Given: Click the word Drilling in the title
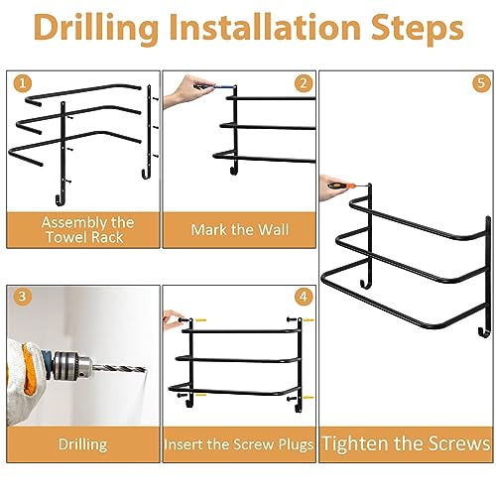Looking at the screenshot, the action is point(96,29).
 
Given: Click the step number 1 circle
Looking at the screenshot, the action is point(23,83).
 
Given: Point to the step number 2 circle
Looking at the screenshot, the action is point(304,83).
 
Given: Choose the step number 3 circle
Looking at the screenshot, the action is point(22,296).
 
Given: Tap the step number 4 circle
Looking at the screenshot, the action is point(304,297).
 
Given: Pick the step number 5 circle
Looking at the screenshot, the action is point(481,83).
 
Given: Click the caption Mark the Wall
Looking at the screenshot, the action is point(240,229).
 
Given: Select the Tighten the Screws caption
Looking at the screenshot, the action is point(406,443).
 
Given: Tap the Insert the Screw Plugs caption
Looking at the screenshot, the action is point(238,444).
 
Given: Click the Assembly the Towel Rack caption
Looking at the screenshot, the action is point(87,229).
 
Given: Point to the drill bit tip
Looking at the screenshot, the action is point(145,369).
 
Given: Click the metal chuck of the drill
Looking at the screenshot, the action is point(72,366).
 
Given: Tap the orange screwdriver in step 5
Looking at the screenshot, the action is point(343,186).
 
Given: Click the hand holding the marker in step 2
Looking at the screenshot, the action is point(186,90).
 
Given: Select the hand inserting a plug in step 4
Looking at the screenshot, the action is point(172,319).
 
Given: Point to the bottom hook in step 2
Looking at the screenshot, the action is point(233,171).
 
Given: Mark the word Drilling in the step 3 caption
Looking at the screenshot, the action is point(82,444).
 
